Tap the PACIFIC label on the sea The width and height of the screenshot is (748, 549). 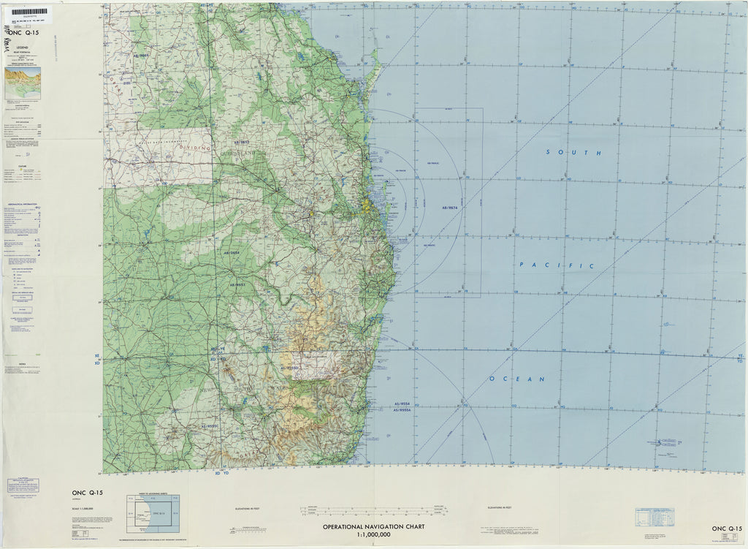pyautogui.click(x=557, y=265)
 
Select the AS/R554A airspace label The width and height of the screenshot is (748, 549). pyautogui.click(x=404, y=410)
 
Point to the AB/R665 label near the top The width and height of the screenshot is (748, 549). pyautogui.click(x=140, y=56)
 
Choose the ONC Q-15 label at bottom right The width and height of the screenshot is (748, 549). pyautogui.click(x=727, y=528)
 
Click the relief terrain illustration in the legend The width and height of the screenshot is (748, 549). pyautogui.click(x=23, y=83)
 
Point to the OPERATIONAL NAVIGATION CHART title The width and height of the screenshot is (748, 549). pyautogui.click(x=374, y=526)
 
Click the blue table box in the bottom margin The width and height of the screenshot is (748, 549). pyautogui.click(x=654, y=518)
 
